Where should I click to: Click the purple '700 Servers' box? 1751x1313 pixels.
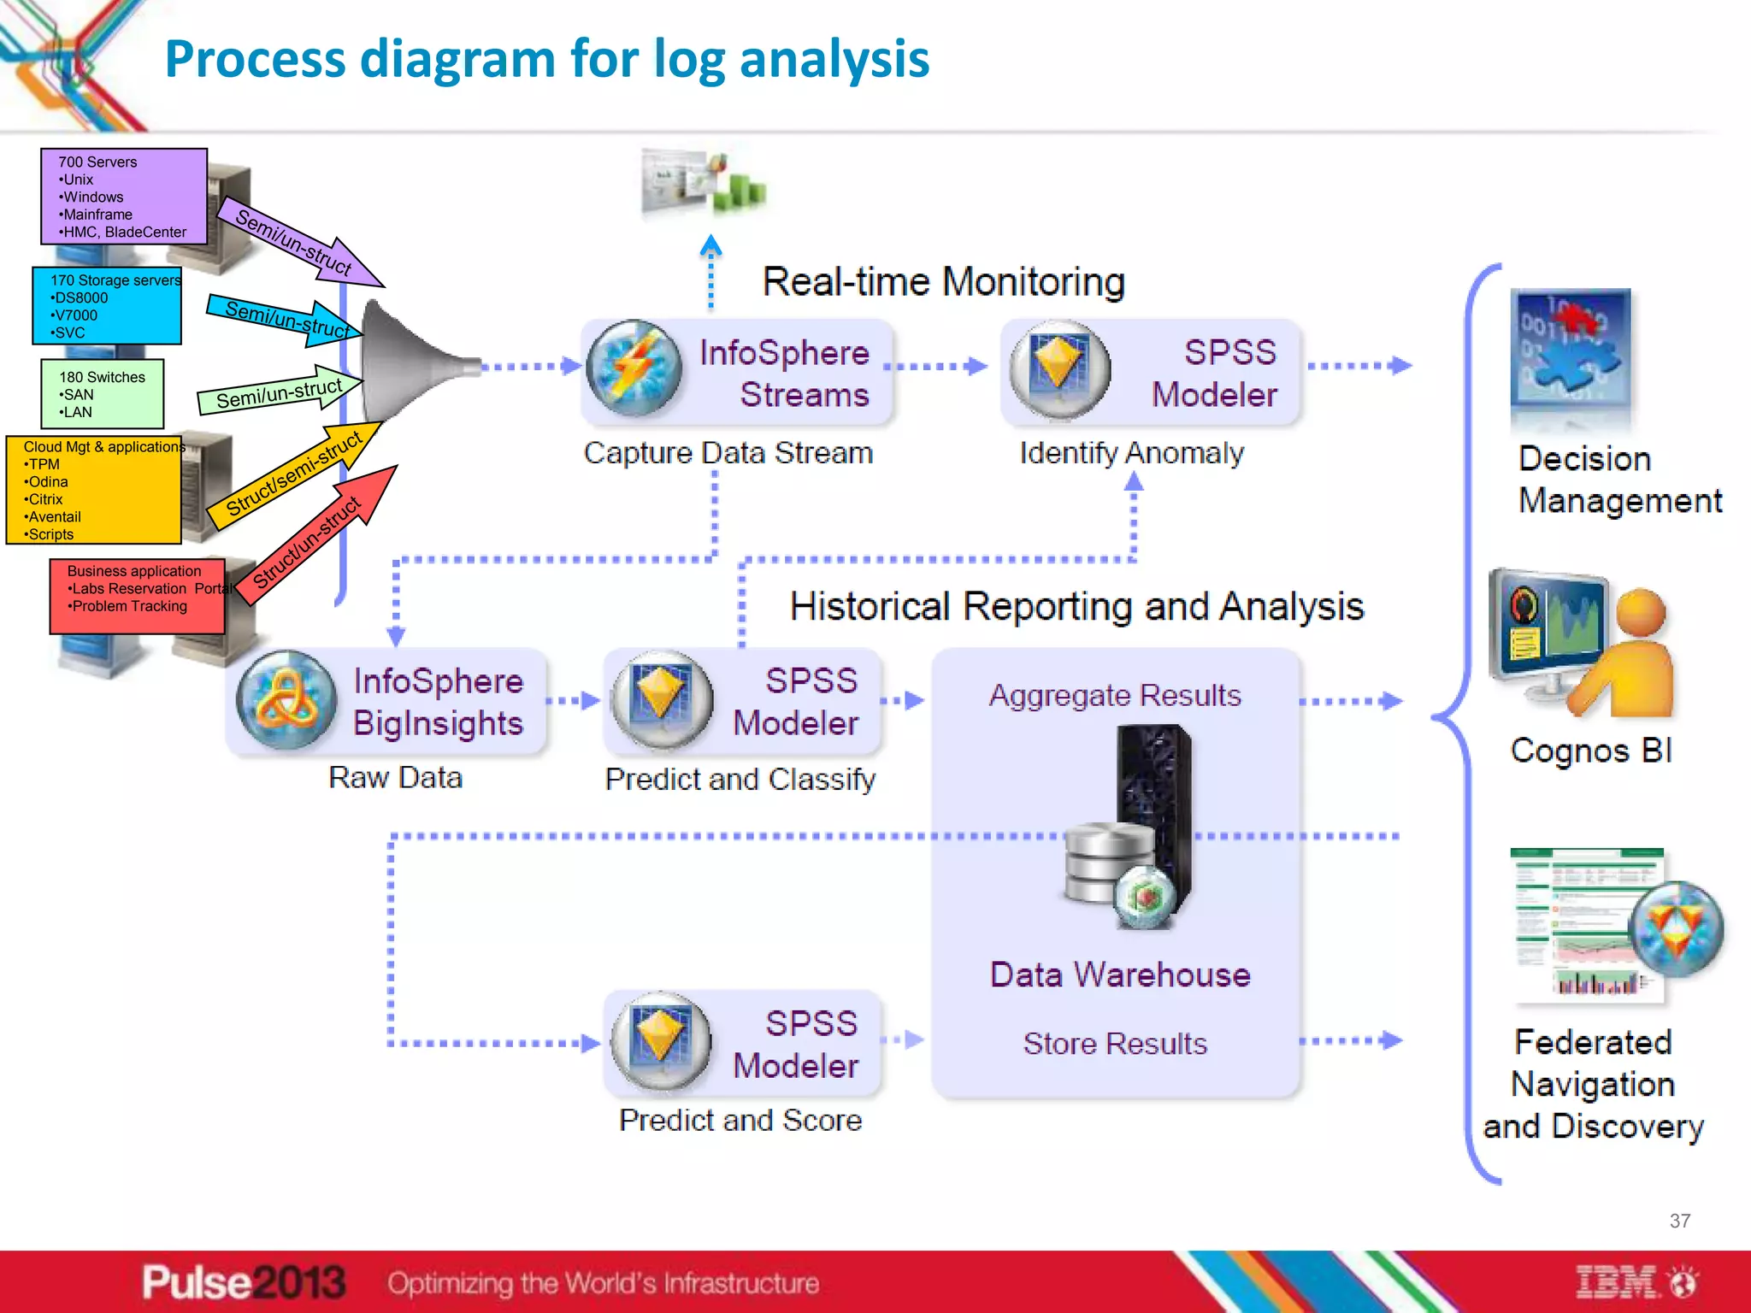click(x=123, y=197)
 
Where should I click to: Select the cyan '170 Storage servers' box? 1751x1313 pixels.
click(x=107, y=306)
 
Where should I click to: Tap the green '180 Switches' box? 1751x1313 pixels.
click(x=102, y=394)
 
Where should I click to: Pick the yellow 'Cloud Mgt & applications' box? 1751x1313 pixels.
click(x=94, y=491)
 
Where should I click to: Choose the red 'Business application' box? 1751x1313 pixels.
click(x=137, y=597)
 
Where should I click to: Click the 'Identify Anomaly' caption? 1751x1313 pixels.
click(x=1131, y=453)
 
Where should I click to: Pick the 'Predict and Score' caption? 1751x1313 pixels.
click(x=740, y=1121)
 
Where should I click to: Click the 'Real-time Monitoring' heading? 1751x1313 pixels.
click(x=943, y=282)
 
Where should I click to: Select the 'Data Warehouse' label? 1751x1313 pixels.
click(x=1119, y=975)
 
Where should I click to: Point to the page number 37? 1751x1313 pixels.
click(x=1679, y=1221)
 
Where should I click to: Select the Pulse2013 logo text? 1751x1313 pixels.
click(x=244, y=1283)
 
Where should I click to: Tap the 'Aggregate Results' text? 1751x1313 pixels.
click(x=1115, y=696)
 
